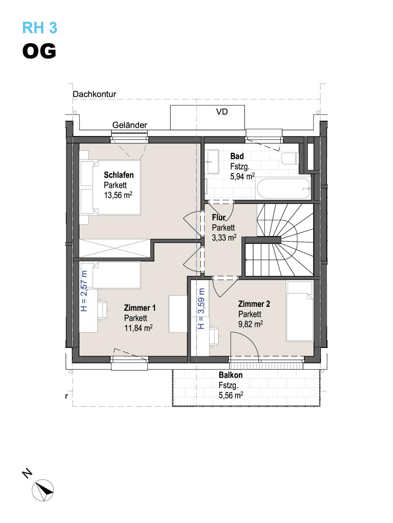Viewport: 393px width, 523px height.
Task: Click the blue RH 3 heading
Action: (x=40, y=27)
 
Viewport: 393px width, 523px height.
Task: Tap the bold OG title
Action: (x=39, y=51)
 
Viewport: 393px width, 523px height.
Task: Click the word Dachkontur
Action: (x=94, y=94)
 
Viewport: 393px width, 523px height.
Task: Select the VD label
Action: (x=222, y=112)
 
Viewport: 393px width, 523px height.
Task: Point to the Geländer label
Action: (x=130, y=125)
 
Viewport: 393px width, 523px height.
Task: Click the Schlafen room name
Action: (x=119, y=175)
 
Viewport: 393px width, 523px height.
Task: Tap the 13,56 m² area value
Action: (x=118, y=195)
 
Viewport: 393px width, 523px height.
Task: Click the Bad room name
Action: (x=237, y=156)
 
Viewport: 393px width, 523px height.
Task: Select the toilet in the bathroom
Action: (x=290, y=159)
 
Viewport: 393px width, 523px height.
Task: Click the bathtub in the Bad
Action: (x=283, y=189)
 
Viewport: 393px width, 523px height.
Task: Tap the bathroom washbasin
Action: (x=213, y=162)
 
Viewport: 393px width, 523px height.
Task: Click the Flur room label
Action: (x=219, y=217)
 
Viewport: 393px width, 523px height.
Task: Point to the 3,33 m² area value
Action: (x=224, y=238)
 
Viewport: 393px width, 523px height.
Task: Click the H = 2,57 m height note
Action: (x=84, y=291)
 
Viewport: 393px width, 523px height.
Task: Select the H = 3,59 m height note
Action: (x=201, y=309)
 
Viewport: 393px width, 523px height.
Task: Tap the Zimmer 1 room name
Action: (x=140, y=308)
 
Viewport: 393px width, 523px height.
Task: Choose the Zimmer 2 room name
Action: (x=254, y=304)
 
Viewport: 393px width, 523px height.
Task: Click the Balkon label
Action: (x=231, y=375)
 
